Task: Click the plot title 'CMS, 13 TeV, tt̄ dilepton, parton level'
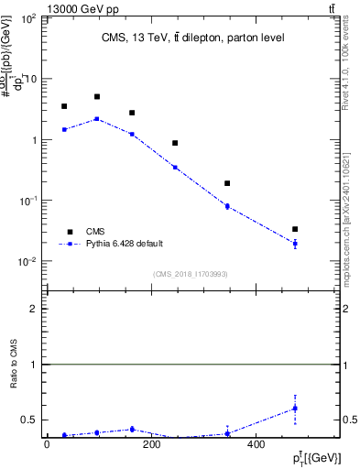click(192, 38)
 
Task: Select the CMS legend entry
click(96, 232)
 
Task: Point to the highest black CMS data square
click(97, 96)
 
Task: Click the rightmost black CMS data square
click(295, 229)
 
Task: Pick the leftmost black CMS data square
click(64, 106)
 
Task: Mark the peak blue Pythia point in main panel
click(97, 118)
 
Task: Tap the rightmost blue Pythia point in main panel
click(295, 244)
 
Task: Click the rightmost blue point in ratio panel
click(295, 408)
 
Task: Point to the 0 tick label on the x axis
click(47, 445)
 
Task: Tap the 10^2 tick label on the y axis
click(28, 19)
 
